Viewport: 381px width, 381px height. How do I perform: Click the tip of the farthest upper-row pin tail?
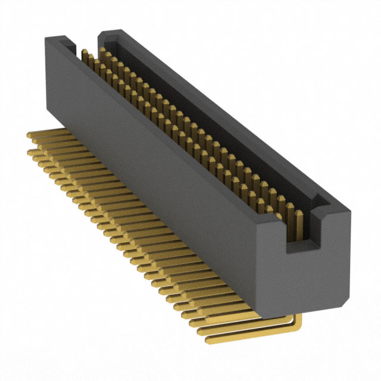30,135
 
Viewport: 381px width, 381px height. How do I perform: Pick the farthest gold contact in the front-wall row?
85,55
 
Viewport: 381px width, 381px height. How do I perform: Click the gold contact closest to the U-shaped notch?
291,211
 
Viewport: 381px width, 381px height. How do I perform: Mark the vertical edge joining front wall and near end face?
258,268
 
